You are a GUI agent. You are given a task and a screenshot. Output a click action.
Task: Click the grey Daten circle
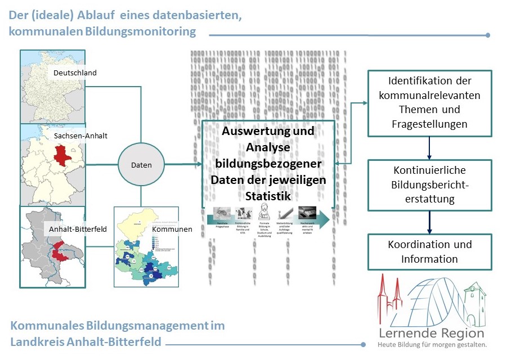coord(141,165)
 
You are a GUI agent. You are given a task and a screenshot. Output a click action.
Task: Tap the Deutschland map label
coord(75,73)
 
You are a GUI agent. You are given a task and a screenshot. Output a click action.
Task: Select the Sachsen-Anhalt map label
coord(80,136)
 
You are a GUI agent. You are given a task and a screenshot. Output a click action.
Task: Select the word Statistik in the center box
coord(267,196)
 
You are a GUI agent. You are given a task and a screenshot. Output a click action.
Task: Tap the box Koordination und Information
coord(429,252)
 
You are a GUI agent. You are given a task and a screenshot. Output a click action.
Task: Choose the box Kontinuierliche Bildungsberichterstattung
coord(429,184)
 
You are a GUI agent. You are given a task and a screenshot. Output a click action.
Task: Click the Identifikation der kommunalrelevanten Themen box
coord(429,102)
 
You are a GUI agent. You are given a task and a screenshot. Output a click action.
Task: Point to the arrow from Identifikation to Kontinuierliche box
coord(429,148)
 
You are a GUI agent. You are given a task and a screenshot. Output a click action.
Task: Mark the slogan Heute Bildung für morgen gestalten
coord(431,344)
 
